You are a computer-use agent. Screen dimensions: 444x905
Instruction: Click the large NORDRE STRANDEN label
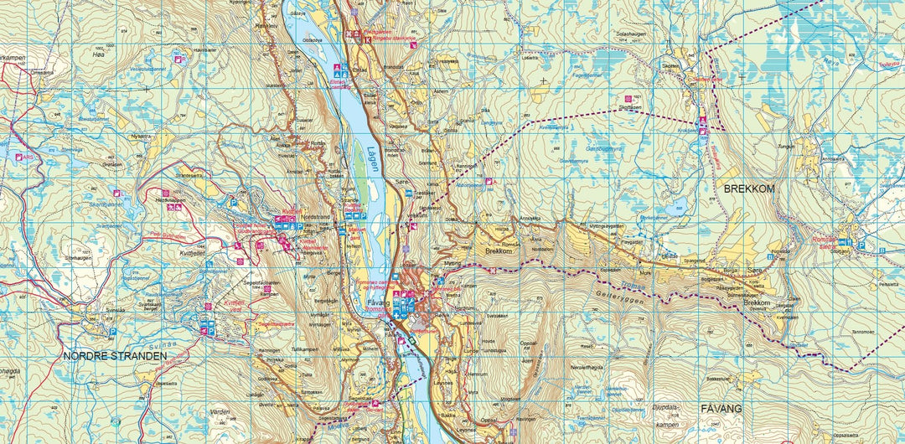tap(115, 355)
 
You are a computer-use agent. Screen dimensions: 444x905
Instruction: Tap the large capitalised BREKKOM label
tap(744, 189)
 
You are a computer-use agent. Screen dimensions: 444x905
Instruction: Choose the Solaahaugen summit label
tap(633, 34)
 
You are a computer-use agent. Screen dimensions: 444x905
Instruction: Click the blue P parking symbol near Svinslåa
tap(113, 332)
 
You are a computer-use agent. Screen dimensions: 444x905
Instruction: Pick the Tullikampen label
tap(279, 348)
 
